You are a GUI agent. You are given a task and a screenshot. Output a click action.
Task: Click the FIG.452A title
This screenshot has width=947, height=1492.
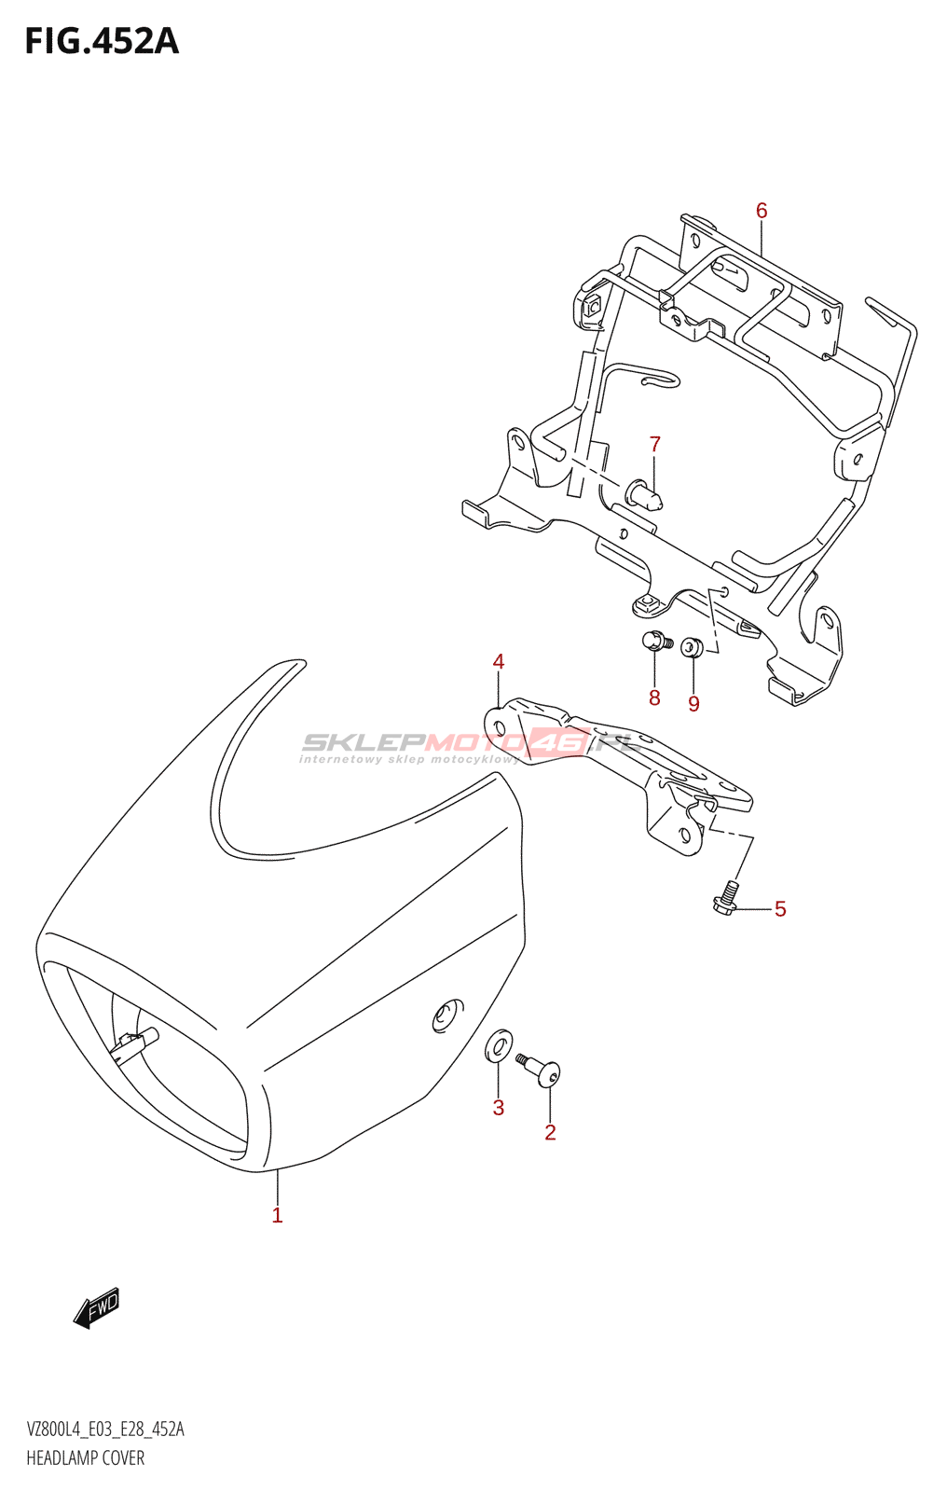tap(102, 41)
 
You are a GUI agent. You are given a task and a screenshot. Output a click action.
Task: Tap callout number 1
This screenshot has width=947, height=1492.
tap(277, 1215)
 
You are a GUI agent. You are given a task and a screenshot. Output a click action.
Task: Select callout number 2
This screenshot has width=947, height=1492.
tap(550, 1132)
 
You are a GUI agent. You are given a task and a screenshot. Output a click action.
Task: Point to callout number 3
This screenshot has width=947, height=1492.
tap(499, 1108)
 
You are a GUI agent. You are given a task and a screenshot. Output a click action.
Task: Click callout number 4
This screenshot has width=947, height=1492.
tap(499, 662)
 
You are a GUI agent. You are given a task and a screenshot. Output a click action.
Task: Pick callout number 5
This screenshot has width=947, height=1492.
tap(780, 909)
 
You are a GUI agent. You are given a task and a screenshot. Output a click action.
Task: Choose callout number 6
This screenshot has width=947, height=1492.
tap(762, 211)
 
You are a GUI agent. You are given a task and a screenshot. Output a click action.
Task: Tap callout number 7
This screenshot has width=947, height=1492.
tap(655, 445)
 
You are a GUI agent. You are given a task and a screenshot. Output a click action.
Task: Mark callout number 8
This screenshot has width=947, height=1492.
tap(654, 698)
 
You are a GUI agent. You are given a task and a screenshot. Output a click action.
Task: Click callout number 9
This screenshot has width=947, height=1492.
tap(693, 704)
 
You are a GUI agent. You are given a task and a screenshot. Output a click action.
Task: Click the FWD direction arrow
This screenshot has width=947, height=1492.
tap(97, 1307)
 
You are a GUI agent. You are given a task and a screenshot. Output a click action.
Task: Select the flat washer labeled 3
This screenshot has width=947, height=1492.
tap(500, 1045)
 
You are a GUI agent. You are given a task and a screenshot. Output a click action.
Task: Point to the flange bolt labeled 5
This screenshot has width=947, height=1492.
tap(728, 898)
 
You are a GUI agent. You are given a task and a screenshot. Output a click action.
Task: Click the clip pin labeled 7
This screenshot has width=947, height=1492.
tap(646, 493)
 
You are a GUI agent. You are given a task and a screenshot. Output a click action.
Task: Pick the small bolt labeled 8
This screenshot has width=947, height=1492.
tap(654, 641)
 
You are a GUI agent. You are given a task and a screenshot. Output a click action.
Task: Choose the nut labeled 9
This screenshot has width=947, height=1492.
tap(691, 646)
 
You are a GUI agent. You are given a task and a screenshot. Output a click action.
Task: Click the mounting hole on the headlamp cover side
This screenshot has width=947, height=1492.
tap(448, 1015)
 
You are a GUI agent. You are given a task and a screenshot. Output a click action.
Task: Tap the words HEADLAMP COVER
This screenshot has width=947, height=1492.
tap(86, 1458)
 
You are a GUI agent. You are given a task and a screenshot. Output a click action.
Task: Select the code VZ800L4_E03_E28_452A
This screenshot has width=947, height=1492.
tap(105, 1430)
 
